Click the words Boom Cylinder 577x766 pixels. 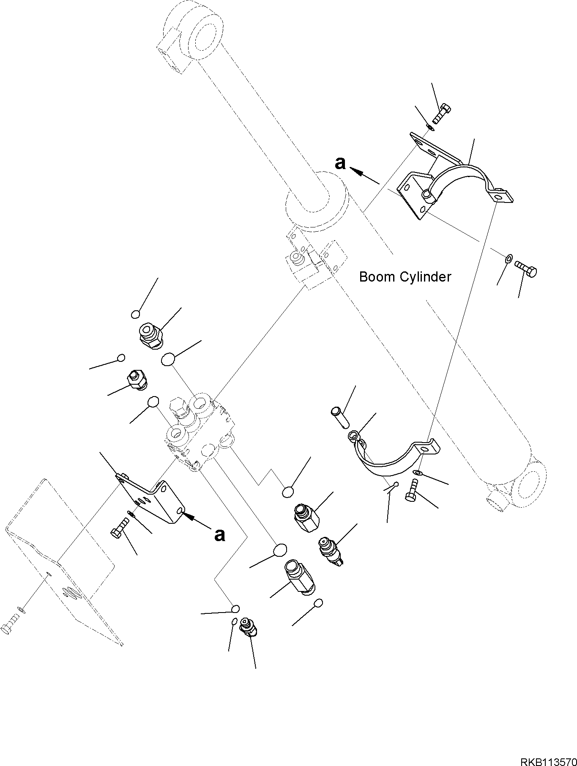click(405, 277)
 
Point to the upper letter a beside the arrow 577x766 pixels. click(340, 163)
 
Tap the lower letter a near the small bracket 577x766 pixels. click(219, 535)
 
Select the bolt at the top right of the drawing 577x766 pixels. click(441, 113)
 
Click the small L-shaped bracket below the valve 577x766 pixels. click(152, 499)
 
